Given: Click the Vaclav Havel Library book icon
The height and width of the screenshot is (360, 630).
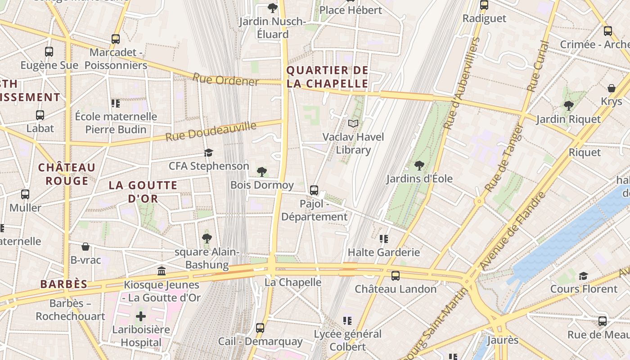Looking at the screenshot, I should click(354, 123).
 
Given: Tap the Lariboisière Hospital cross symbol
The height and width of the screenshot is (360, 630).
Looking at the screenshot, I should click(141, 316).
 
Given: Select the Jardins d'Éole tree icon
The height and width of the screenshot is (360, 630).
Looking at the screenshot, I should click(419, 166).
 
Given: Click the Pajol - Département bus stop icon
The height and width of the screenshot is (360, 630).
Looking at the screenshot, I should click(314, 190).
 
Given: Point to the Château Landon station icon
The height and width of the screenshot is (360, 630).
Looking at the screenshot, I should click(396, 276).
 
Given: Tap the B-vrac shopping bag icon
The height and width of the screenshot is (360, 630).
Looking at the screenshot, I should click(85, 247).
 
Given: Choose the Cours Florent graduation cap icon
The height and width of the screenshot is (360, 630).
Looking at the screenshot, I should click(583, 276).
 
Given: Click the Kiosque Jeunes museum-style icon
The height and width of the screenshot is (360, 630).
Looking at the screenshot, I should click(162, 271).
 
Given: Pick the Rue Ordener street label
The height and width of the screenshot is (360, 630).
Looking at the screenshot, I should click(225, 80).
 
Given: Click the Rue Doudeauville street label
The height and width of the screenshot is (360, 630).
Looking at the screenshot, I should click(211, 131).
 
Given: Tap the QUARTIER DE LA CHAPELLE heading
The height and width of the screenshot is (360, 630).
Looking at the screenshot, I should click(328, 77).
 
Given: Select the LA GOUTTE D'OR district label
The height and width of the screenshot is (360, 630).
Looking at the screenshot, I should click(143, 192).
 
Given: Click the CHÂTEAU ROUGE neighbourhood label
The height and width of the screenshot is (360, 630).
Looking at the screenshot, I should click(67, 174).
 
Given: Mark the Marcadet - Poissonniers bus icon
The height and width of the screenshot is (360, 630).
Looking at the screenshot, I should click(116, 39).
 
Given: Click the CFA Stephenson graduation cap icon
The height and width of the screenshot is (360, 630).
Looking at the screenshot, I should click(208, 153).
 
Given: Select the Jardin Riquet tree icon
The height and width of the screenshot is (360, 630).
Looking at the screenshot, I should click(568, 106).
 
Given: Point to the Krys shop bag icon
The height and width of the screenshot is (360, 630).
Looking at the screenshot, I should click(612, 88).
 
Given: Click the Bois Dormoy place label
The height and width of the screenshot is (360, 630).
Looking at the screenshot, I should click(262, 185).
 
